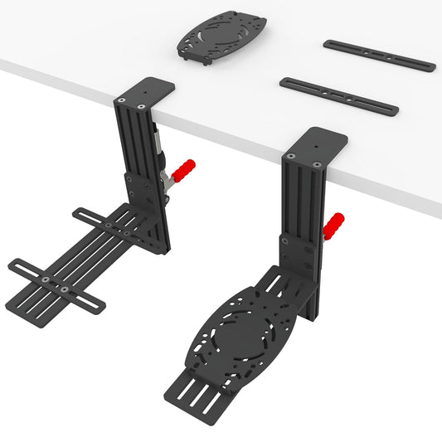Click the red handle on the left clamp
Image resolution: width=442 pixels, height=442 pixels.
point(185,170)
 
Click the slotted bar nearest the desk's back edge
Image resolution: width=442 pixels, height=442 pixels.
point(379,55)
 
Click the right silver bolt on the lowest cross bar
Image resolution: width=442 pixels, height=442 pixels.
point(66,289)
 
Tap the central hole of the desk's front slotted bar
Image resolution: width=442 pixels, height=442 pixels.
point(339,96)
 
